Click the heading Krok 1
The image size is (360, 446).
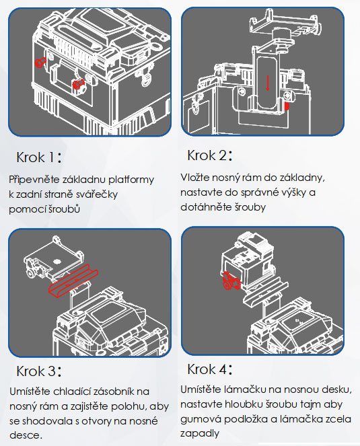click(39, 157)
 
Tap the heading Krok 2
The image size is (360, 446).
click(210, 155)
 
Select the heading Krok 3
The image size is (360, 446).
click(39, 371)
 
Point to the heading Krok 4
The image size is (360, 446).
click(210, 369)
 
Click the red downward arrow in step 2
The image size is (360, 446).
click(268, 83)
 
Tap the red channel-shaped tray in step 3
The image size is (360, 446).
click(73, 281)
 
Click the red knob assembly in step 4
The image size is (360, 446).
click(231, 281)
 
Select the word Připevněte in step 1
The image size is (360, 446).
click(34, 180)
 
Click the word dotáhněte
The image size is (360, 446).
click(206, 207)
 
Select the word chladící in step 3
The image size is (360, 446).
click(73, 392)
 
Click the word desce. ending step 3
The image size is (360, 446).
click(26, 435)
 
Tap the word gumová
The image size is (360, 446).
click(199, 419)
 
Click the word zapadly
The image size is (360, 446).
click(200, 434)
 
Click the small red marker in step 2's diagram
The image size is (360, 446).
click(287, 106)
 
